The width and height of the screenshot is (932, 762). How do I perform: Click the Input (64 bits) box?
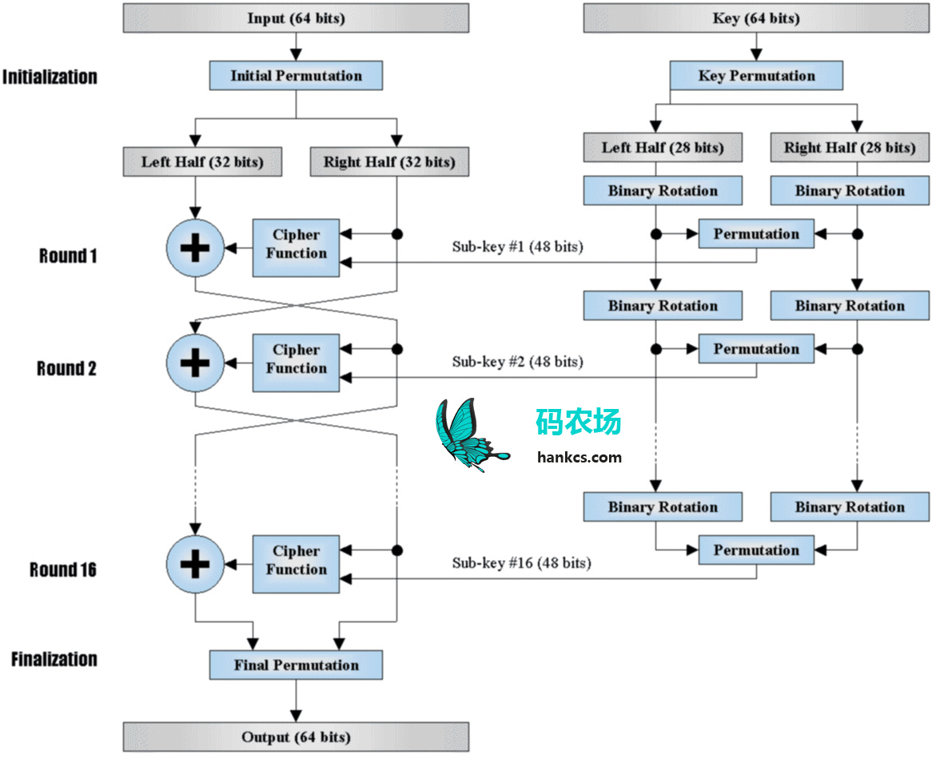(x=296, y=18)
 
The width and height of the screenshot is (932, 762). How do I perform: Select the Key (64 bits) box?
(x=755, y=18)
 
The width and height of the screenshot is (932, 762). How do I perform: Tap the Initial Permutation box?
(x=296, y=76)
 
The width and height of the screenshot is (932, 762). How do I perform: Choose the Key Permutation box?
(x=756, y=76)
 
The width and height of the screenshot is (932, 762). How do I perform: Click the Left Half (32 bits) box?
(x=203, y=162)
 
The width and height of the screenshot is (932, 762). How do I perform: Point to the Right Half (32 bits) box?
(x=388, y=162)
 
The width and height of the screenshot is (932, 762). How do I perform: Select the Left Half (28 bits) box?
(x=662, y=148)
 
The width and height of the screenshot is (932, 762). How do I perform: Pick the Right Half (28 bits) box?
(x=849, y=148)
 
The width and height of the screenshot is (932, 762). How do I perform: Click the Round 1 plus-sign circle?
(x=195, y=248)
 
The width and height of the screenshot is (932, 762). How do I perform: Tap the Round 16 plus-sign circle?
(x=195, y=564)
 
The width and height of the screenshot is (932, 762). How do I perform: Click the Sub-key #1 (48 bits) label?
(x=517, y=247)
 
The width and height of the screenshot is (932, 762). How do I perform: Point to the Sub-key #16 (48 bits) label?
(x=521, y=563)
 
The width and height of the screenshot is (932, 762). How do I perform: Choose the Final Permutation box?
(x=296, y=665)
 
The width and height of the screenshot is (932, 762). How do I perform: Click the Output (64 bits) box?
(x=296, y=736)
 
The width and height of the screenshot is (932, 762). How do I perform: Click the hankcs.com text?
(x=580, y=457)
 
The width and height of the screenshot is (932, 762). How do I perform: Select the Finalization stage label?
(x=54, y=660)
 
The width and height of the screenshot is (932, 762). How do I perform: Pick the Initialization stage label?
(x=50, y=77)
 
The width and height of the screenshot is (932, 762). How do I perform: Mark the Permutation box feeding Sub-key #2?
(x=756, y=349)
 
